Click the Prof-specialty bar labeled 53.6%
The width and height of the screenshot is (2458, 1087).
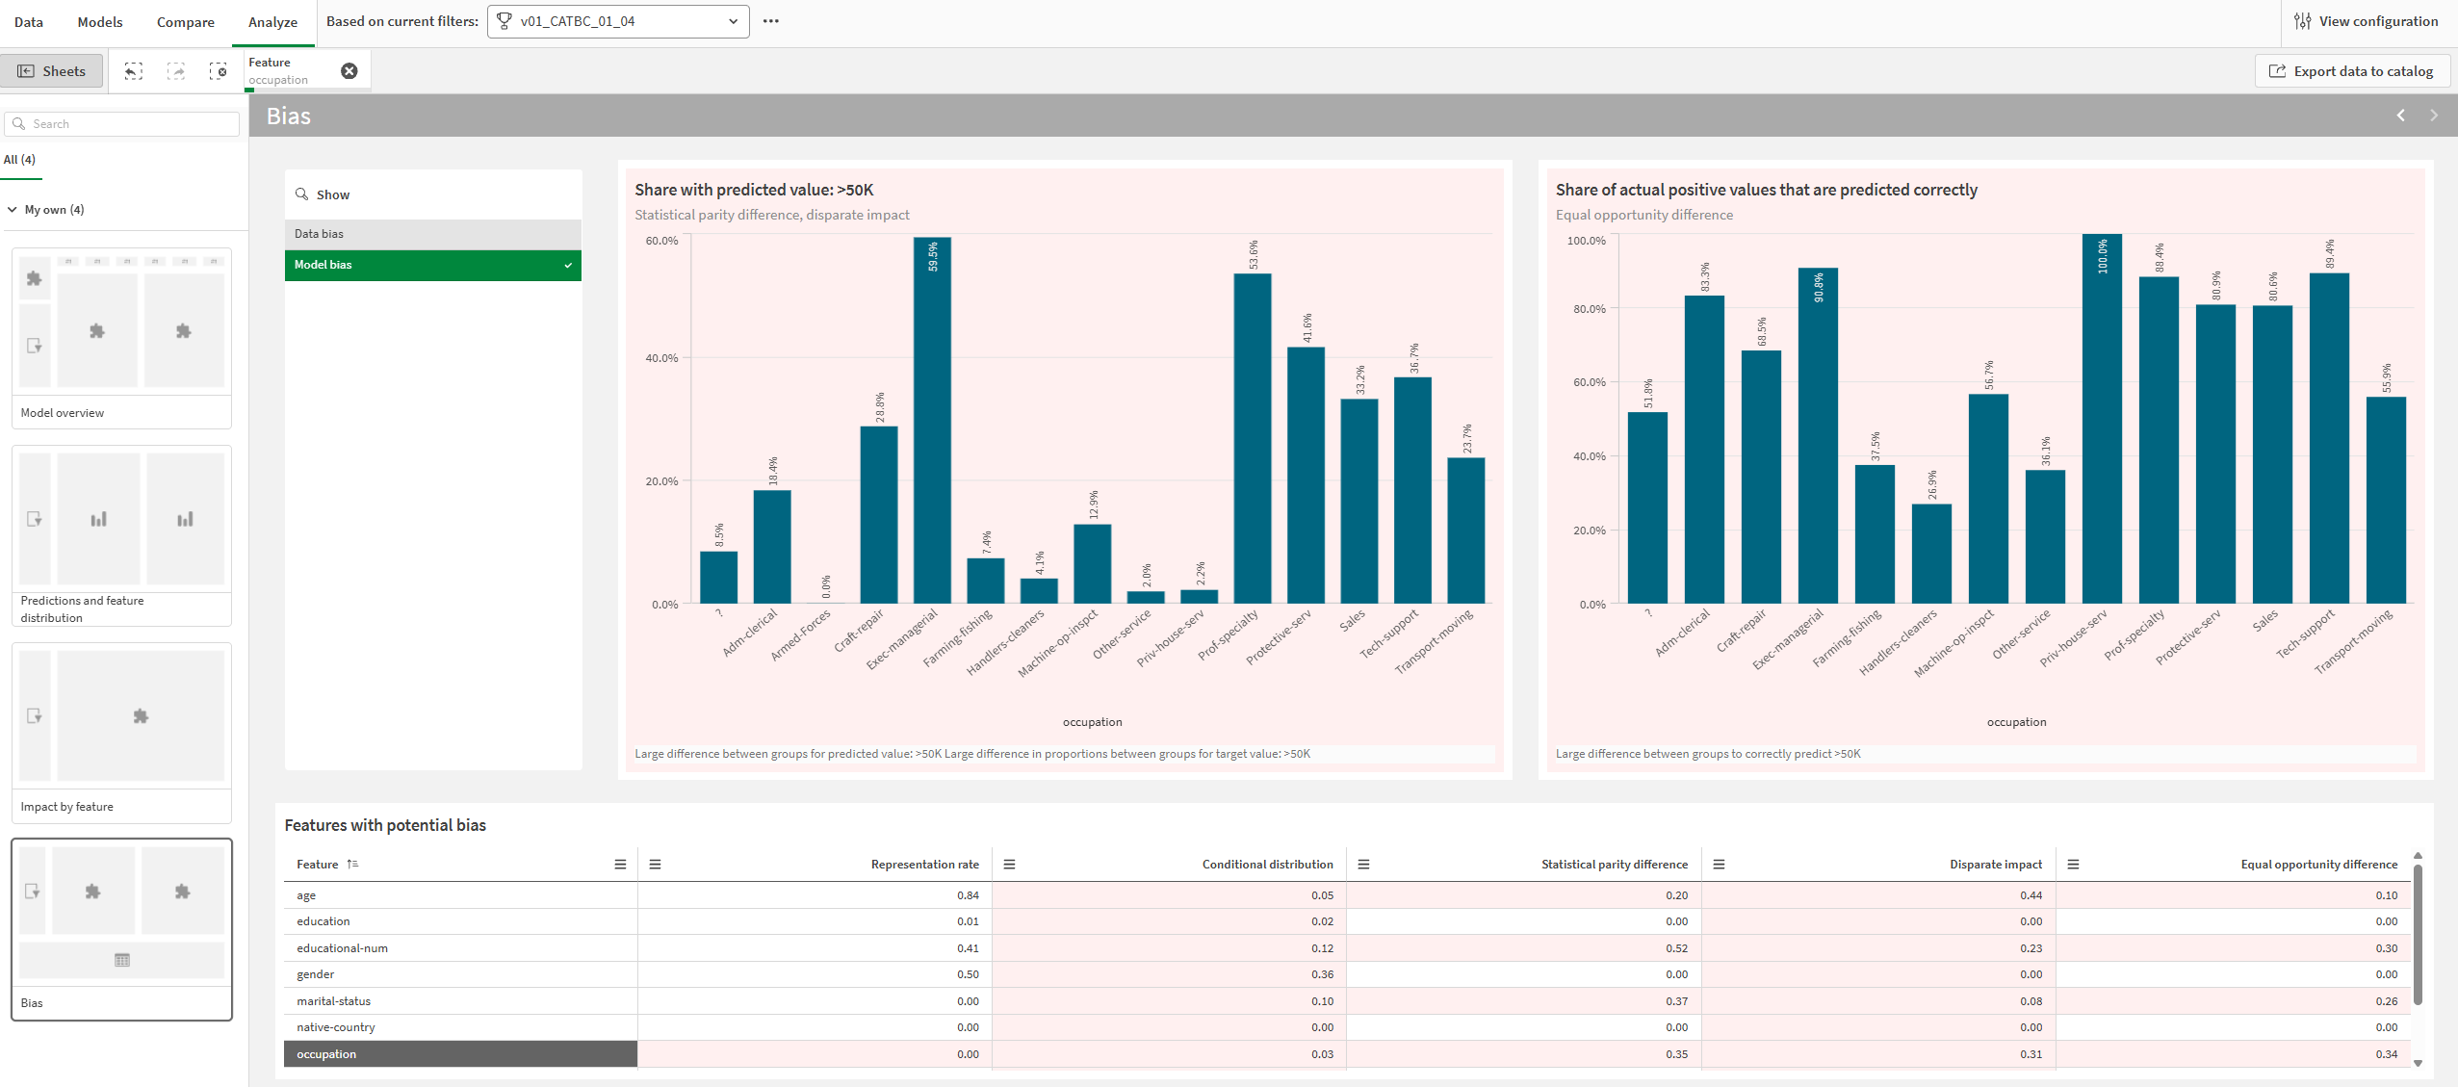(x=1252, y=443)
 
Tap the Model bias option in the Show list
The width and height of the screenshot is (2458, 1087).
(x=432, y=265)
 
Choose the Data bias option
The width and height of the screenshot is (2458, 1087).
(x=432, y=234)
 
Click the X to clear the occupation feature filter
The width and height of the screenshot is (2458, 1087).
(x=349, y=71)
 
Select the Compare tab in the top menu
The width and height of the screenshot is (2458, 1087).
(x=185, y=22)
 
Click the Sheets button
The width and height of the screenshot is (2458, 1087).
(x=52, y=71)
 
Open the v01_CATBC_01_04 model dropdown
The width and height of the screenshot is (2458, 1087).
(x=618, y=21)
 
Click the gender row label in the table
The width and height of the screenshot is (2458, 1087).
(x=316, y=974)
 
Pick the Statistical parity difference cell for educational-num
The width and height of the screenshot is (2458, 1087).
(x=1676, y=948)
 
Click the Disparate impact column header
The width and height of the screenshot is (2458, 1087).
(x=1995, y=865)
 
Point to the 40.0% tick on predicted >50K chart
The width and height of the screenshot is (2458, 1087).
(x=661, y=358)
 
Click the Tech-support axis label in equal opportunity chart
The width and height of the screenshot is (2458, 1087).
(x=2305, y=635)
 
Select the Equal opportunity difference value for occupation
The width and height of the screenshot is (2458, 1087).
(x=2386, y=1054)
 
